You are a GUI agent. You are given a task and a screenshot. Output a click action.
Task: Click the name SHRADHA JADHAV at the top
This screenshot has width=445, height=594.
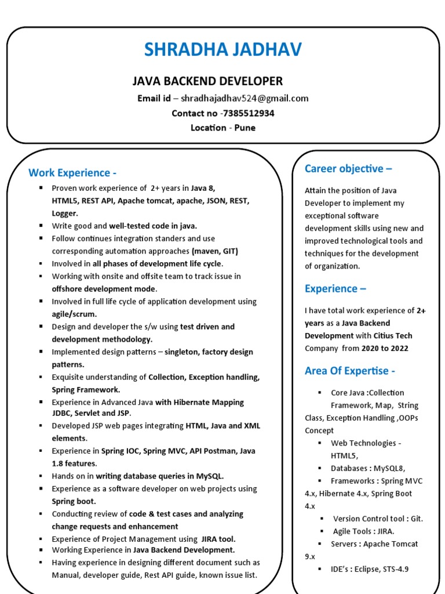pyautogui.click(x=223, y=50)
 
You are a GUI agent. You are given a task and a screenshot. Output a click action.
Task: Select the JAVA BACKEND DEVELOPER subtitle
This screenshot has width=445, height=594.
pyautogui.click(x=208, y=81)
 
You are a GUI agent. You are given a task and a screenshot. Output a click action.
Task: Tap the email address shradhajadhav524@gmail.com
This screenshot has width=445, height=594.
pyautogui.click(x=245, y=98)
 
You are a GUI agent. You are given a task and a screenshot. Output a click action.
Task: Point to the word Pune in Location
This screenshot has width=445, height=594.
pyautogui.click(x=245, y=128)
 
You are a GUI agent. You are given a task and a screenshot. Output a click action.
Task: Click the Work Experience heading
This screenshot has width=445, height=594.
pyautogui.click(x=72, y=172)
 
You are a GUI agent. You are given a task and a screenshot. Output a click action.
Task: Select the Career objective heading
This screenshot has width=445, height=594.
pyautogui.click(x=348, y=169)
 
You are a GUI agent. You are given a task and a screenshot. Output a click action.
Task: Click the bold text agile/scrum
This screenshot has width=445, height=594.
pyautogui.click(x=74, y=314)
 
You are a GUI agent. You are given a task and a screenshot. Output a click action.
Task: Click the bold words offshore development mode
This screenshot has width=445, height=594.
pyautogui.click(x=104, y=289)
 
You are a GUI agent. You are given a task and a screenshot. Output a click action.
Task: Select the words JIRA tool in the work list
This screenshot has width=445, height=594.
pyautogui.click(x=218, y=539)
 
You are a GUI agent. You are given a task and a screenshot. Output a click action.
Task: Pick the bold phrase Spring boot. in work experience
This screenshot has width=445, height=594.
pyautogui.click(x=74, y=501)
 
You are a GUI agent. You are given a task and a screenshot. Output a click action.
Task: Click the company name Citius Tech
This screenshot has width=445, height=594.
pyautogui.click(x=393, y=335)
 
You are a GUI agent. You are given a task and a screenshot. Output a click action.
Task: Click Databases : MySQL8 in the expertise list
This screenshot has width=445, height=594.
pyautogui.click(x=368, y=468)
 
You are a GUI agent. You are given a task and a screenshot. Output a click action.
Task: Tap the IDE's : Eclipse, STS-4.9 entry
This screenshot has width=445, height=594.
pyautogui.click(x=370, y=569)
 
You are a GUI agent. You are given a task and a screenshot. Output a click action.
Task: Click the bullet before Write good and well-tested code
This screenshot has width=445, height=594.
pyautogui.click(x=41, y=226)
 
